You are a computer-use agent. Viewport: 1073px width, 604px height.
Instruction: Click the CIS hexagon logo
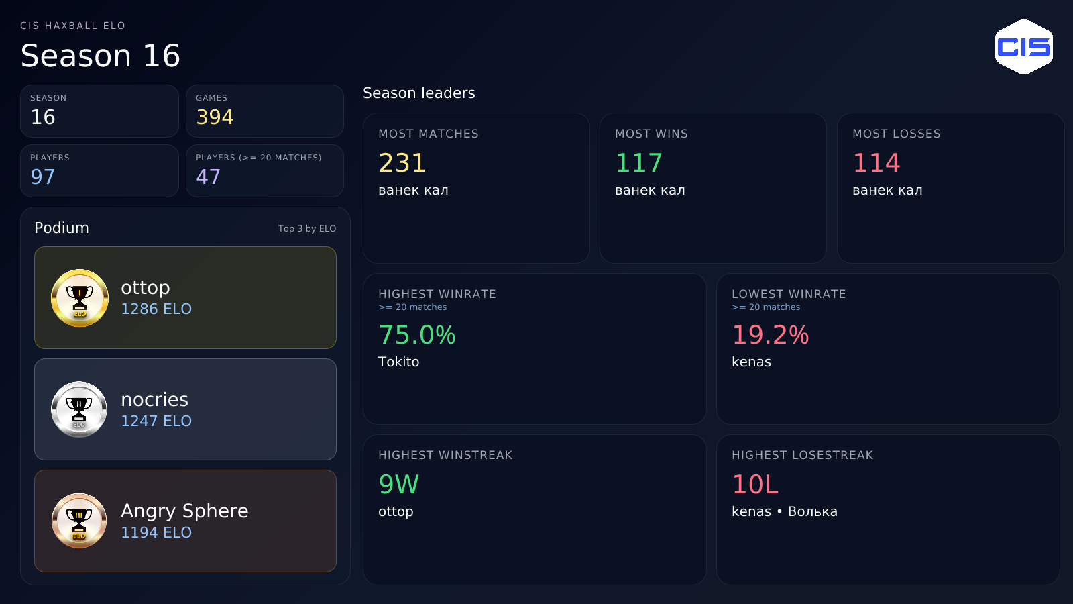1023,46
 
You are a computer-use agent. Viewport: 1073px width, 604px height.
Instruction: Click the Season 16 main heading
100,56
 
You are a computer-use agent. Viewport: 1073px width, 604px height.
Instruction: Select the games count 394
215,117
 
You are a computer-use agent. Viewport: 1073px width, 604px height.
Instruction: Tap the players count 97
43,177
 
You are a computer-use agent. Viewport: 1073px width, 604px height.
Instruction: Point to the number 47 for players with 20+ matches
209,177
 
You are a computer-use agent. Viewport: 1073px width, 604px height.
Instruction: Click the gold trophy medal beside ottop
80,298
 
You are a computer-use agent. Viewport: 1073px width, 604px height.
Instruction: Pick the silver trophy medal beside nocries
79,409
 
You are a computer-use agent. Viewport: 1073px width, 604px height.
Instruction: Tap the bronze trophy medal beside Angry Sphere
79,521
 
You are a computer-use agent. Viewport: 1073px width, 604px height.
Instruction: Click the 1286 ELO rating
156,309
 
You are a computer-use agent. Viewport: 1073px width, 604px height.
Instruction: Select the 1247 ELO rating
156,421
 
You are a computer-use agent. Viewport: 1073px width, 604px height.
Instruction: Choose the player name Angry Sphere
184,511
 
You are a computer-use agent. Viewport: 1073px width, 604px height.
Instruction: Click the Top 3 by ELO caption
307,229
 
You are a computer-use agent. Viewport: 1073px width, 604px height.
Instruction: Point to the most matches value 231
402,163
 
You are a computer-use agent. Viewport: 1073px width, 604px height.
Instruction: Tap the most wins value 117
638,163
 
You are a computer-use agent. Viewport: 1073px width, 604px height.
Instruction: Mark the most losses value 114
876,163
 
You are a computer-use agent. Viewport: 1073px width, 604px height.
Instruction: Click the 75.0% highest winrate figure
416,335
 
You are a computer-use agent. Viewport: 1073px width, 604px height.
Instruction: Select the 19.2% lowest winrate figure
771,335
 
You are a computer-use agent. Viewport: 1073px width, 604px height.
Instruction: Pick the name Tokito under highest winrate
398,362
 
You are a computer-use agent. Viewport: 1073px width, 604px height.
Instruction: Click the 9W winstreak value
398,484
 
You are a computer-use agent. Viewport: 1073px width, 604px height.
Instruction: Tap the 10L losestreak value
755,484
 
